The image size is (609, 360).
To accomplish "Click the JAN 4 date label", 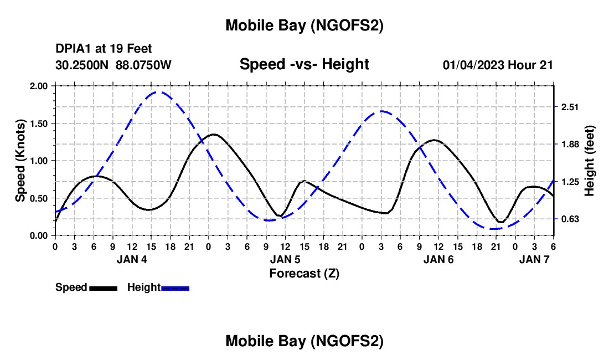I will tap(132, 259).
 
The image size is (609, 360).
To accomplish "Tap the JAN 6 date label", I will tap(438, 259).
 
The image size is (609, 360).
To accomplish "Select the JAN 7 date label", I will tap(534, 259).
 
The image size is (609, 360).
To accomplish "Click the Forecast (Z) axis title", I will tap(304, 273).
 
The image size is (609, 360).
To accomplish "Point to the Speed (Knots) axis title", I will tap(20, 161).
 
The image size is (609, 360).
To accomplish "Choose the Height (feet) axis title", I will tap(590, 161).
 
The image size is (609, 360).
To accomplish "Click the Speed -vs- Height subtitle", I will tap(304, 64).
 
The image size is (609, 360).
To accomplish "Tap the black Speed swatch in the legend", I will tap(103, 288).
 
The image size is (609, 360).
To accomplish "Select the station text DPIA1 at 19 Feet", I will tap(104, 49).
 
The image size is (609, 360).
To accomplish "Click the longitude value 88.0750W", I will tap(144, 65).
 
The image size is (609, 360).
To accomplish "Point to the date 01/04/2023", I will tap(473, 65).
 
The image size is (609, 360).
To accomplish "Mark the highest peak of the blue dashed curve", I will tap(159, 92).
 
